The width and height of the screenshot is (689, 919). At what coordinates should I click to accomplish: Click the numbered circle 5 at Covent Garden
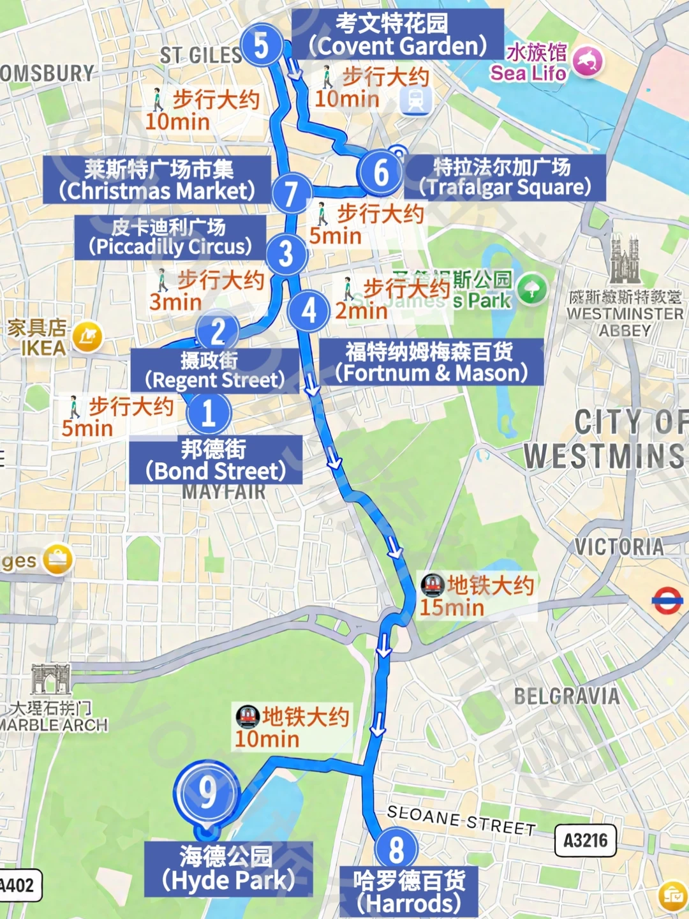pos(261,45)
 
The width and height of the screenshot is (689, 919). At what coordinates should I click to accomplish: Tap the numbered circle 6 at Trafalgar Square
pos(381,172)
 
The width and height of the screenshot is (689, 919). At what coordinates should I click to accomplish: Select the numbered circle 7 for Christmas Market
pos(291,193)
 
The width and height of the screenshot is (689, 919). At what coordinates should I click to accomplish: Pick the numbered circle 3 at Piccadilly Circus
pos(286,253)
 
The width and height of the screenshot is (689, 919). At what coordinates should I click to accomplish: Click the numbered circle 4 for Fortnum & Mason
pos(309,311)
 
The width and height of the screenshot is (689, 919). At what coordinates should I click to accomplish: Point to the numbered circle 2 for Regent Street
pos(218,332)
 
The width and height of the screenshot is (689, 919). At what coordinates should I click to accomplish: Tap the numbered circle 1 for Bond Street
pos(209,414)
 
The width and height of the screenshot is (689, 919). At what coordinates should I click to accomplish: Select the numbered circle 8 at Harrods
pos(396,849)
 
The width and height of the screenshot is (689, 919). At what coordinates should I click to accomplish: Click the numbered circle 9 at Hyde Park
pos(207,793)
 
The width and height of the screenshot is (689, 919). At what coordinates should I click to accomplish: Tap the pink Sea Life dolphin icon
pos(588,61)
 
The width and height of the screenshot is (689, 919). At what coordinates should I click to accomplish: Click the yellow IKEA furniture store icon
pos(87,336)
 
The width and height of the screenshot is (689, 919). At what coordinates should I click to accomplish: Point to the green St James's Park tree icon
pos(532,289)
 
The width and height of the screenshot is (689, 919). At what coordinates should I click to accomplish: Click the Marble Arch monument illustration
pos(50,680)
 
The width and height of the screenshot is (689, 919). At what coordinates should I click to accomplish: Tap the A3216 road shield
pos(586,841)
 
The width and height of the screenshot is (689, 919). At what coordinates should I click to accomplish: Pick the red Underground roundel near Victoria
pos(667,601)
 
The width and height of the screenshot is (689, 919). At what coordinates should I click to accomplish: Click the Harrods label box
pos(409,892)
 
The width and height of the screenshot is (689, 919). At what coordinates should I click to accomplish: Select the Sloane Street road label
pos(461,819)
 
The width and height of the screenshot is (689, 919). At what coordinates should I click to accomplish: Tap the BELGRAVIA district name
pos(567,696)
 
